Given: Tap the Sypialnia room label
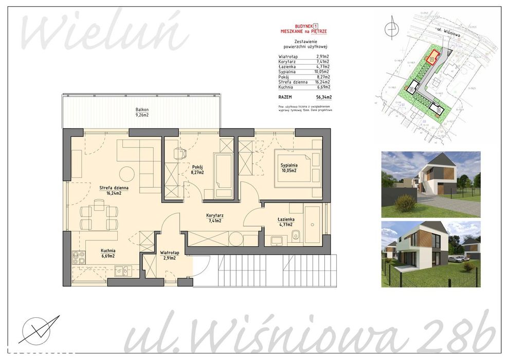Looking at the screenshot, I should [x=289, y=165].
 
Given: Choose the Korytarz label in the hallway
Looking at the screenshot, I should [x=214, y=215].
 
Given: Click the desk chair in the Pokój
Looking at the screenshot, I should [x=179, y=153].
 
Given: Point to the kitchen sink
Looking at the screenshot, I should [x=121, y=269].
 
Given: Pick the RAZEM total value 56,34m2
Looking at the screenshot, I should [x=323, y=97].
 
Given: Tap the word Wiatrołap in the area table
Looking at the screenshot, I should [x=287, y=57].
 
